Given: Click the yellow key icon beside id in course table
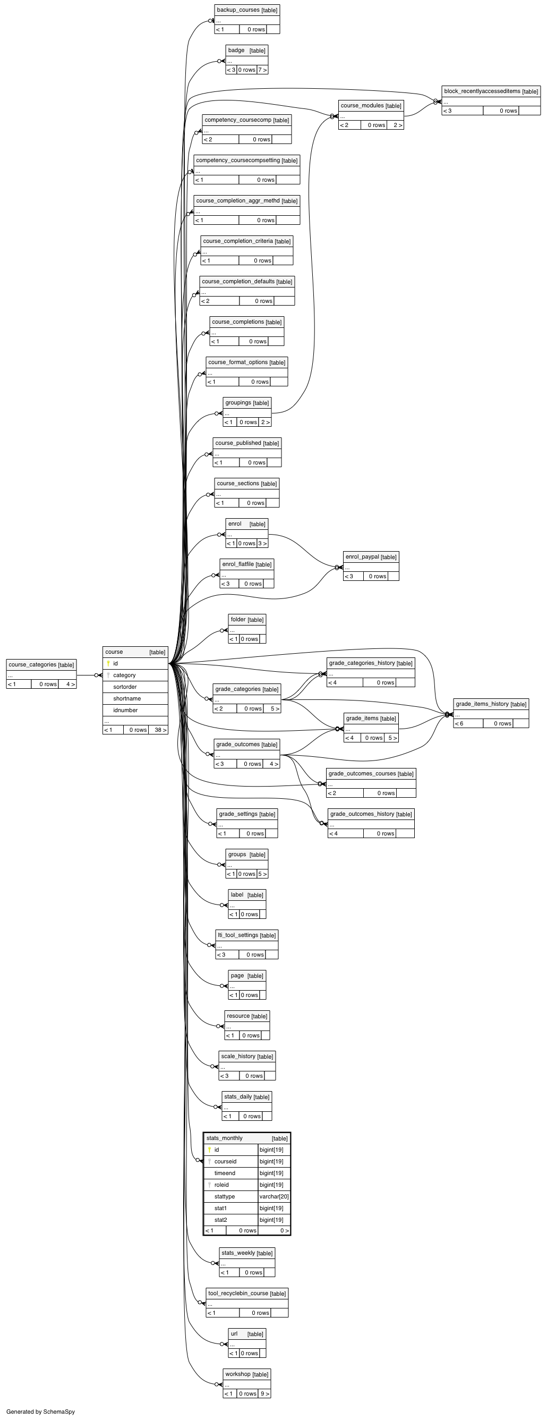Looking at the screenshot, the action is point(108,663).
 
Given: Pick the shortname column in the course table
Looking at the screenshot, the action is point(127,698).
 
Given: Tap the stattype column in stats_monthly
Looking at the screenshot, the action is point(225,1196).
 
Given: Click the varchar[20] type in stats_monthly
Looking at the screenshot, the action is point(274,1196).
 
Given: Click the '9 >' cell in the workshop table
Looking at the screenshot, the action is point(264,1393).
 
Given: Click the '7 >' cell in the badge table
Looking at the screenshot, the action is point(262,70).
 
